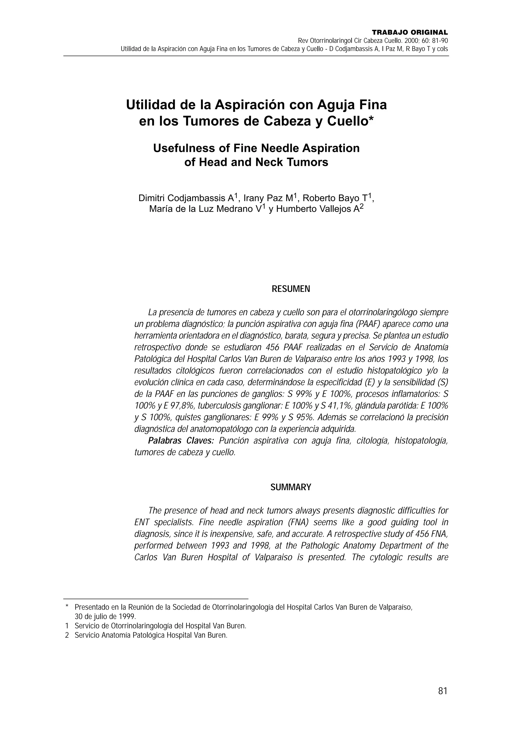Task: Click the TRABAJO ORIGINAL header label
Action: (410, 33)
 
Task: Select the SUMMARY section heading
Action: (290, 487)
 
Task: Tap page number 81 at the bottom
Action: (442, 690)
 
